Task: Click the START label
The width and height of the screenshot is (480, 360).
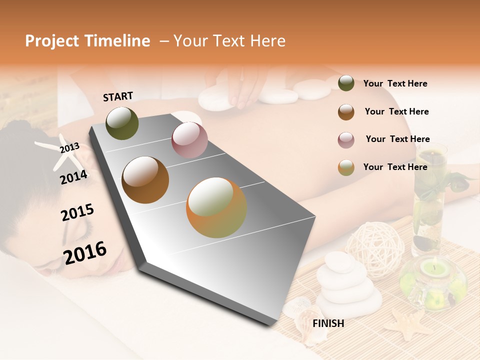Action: [118, 96]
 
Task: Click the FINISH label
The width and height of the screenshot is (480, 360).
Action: [328, 323]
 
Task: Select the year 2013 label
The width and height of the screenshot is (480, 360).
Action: [70, 147]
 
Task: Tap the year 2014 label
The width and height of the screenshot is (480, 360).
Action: [74, 176]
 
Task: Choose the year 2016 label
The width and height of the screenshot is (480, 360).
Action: [85, 252]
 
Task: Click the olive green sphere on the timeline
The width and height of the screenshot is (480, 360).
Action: [122, 123]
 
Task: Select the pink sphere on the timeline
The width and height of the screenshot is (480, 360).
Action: [189, 139]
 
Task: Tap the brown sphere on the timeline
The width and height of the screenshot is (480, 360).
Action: [145, 179]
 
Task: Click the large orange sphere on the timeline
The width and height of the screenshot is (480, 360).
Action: [216, 207]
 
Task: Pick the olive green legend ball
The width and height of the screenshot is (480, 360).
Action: [346, 83]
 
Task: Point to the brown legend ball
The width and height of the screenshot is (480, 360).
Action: [346, 112]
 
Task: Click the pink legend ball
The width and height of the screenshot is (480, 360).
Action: [346, 140]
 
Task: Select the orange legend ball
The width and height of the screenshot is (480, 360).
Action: [346, 167]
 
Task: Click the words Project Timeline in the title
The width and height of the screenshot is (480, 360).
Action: [87, 41]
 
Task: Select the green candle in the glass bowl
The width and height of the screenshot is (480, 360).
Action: [433, 270]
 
